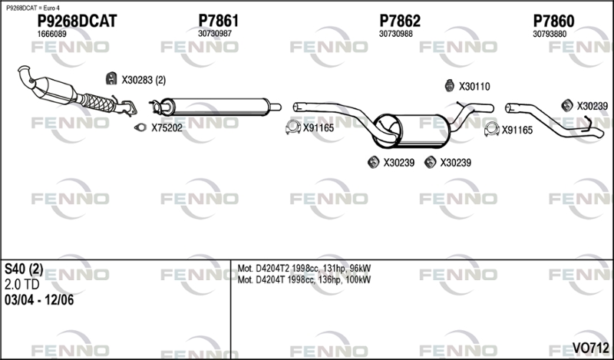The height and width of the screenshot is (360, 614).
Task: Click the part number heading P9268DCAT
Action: [x=77, y=21]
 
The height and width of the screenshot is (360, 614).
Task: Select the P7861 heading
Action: [x=218, y=21]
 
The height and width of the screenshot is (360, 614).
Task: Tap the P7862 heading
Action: [x=400, y=21]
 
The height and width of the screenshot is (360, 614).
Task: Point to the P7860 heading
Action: [x=553, y=21]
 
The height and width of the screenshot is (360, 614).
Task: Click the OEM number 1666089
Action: [x=51, y=34]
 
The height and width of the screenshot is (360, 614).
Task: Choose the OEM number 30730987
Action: [x=215, y=34]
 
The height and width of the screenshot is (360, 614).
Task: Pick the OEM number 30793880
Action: [x=550, y=34]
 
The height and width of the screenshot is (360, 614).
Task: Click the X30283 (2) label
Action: [x=144, y=81]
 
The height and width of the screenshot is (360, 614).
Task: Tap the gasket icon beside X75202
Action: [x=140, y=127]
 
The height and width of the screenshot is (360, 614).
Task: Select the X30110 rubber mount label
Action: [x=474, y=87]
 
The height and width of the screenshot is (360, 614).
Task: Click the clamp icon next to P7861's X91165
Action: [x=293, y=127]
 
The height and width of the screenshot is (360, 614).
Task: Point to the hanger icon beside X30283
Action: [x=111, y=78]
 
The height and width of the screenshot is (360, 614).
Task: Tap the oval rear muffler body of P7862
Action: [x=411, y=130]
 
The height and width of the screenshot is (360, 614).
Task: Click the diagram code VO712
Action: [x=590, y=348]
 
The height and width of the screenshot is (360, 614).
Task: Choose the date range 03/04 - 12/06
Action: [x=39, y=300]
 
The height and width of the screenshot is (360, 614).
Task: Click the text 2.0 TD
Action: [x=22, y=285]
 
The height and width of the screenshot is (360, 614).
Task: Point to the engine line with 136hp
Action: [x=304, y=279]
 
